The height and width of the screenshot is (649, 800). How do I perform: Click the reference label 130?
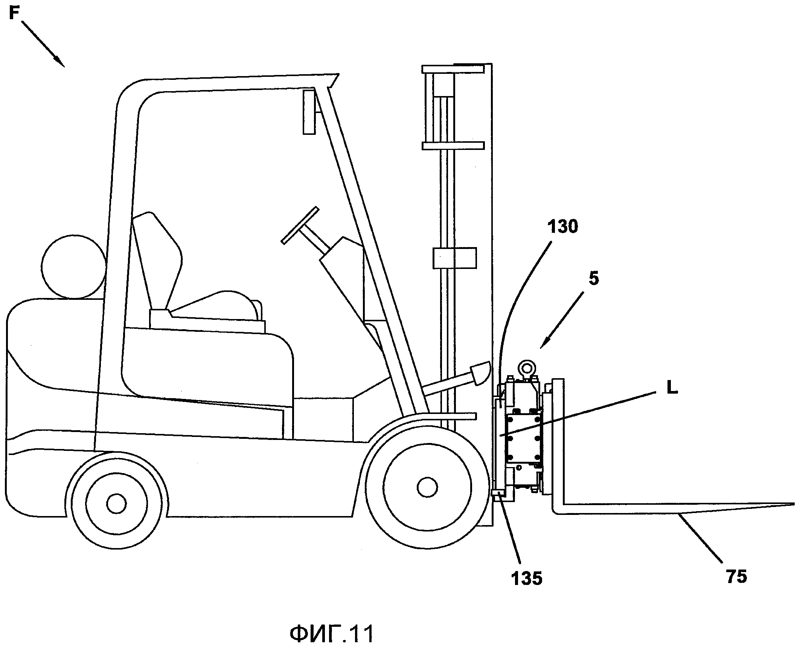click(x=562, y=227)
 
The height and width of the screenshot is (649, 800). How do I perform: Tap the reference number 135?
click(x=526, y=578)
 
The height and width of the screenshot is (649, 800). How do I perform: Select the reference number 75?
click(x=736, y=576)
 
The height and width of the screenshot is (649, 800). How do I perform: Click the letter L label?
click(x=672, y=388)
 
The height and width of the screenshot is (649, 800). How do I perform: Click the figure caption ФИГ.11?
click(x=332, y=623)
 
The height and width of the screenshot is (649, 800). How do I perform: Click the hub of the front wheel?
click(x=427, y=487)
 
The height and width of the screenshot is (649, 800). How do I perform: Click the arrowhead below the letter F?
click(x=59, y=62)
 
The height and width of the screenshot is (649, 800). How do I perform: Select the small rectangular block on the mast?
click(x=454, y=258)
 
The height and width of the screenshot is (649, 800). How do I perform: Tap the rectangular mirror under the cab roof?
click(x=309, y=112)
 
